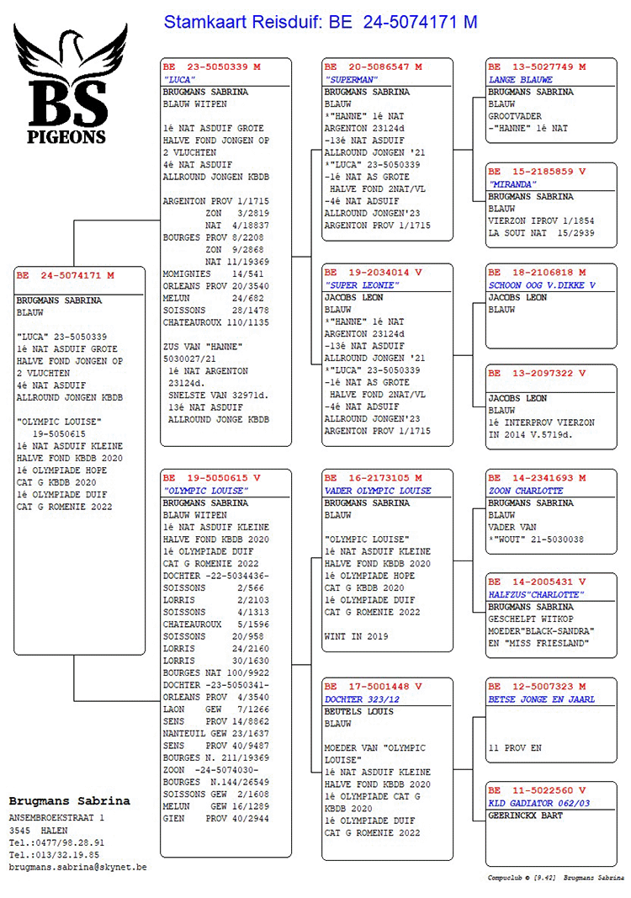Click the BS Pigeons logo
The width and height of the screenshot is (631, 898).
(70, 84)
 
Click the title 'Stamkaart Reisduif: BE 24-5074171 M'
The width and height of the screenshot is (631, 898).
(320, 22)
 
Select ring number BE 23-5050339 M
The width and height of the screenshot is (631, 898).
(212, 66)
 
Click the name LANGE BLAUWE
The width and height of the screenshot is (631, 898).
(521, 79)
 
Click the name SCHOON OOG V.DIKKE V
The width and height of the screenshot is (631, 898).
(542, 284)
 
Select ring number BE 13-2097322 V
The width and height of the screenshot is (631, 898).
(537, 373)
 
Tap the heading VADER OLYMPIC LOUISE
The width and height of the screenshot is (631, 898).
(377, 491)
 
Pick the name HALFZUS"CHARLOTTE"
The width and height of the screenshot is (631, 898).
(536, 594)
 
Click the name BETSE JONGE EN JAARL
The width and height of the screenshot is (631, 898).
(541, 699)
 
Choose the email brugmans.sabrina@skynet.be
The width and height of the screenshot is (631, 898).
(77, 866)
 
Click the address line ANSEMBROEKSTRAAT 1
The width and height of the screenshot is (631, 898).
(56, 817)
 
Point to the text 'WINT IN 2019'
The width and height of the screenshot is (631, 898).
(356, 636)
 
